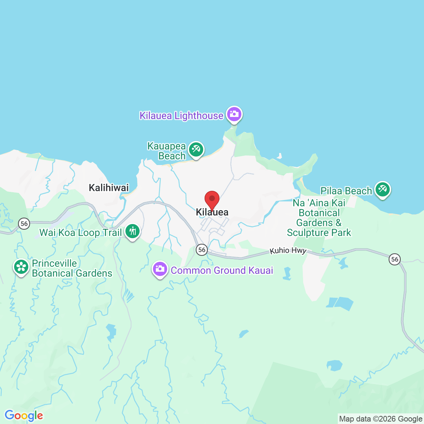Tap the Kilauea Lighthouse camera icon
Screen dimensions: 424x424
click(234, 114)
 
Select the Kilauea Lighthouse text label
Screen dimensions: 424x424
click(181, 116)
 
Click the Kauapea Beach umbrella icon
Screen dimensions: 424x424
click(196, 149)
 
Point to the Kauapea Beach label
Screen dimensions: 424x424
click(166, 151)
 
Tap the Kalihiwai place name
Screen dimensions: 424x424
click(109, 188)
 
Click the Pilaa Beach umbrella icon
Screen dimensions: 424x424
click(382, 189)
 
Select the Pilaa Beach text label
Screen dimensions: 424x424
click(346, 191)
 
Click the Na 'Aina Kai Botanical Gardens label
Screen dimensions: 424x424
click(319, 218)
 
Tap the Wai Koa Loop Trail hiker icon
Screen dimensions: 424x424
click(132, 231)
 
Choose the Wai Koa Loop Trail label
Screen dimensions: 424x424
click(81, 232)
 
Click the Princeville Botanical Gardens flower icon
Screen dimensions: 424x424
click(21, 267)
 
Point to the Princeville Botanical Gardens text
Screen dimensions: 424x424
click(72, 268)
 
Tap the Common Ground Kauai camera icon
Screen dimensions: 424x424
click(160, 269)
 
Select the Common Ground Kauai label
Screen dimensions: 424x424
click(222, 270)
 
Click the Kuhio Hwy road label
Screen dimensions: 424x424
click(288, 251)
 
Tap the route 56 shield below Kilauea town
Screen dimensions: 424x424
click(202, 250)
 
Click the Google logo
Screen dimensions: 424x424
click(24, 416)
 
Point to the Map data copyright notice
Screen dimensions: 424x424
click(381, 419)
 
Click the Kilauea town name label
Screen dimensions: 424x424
click(212, 212)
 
